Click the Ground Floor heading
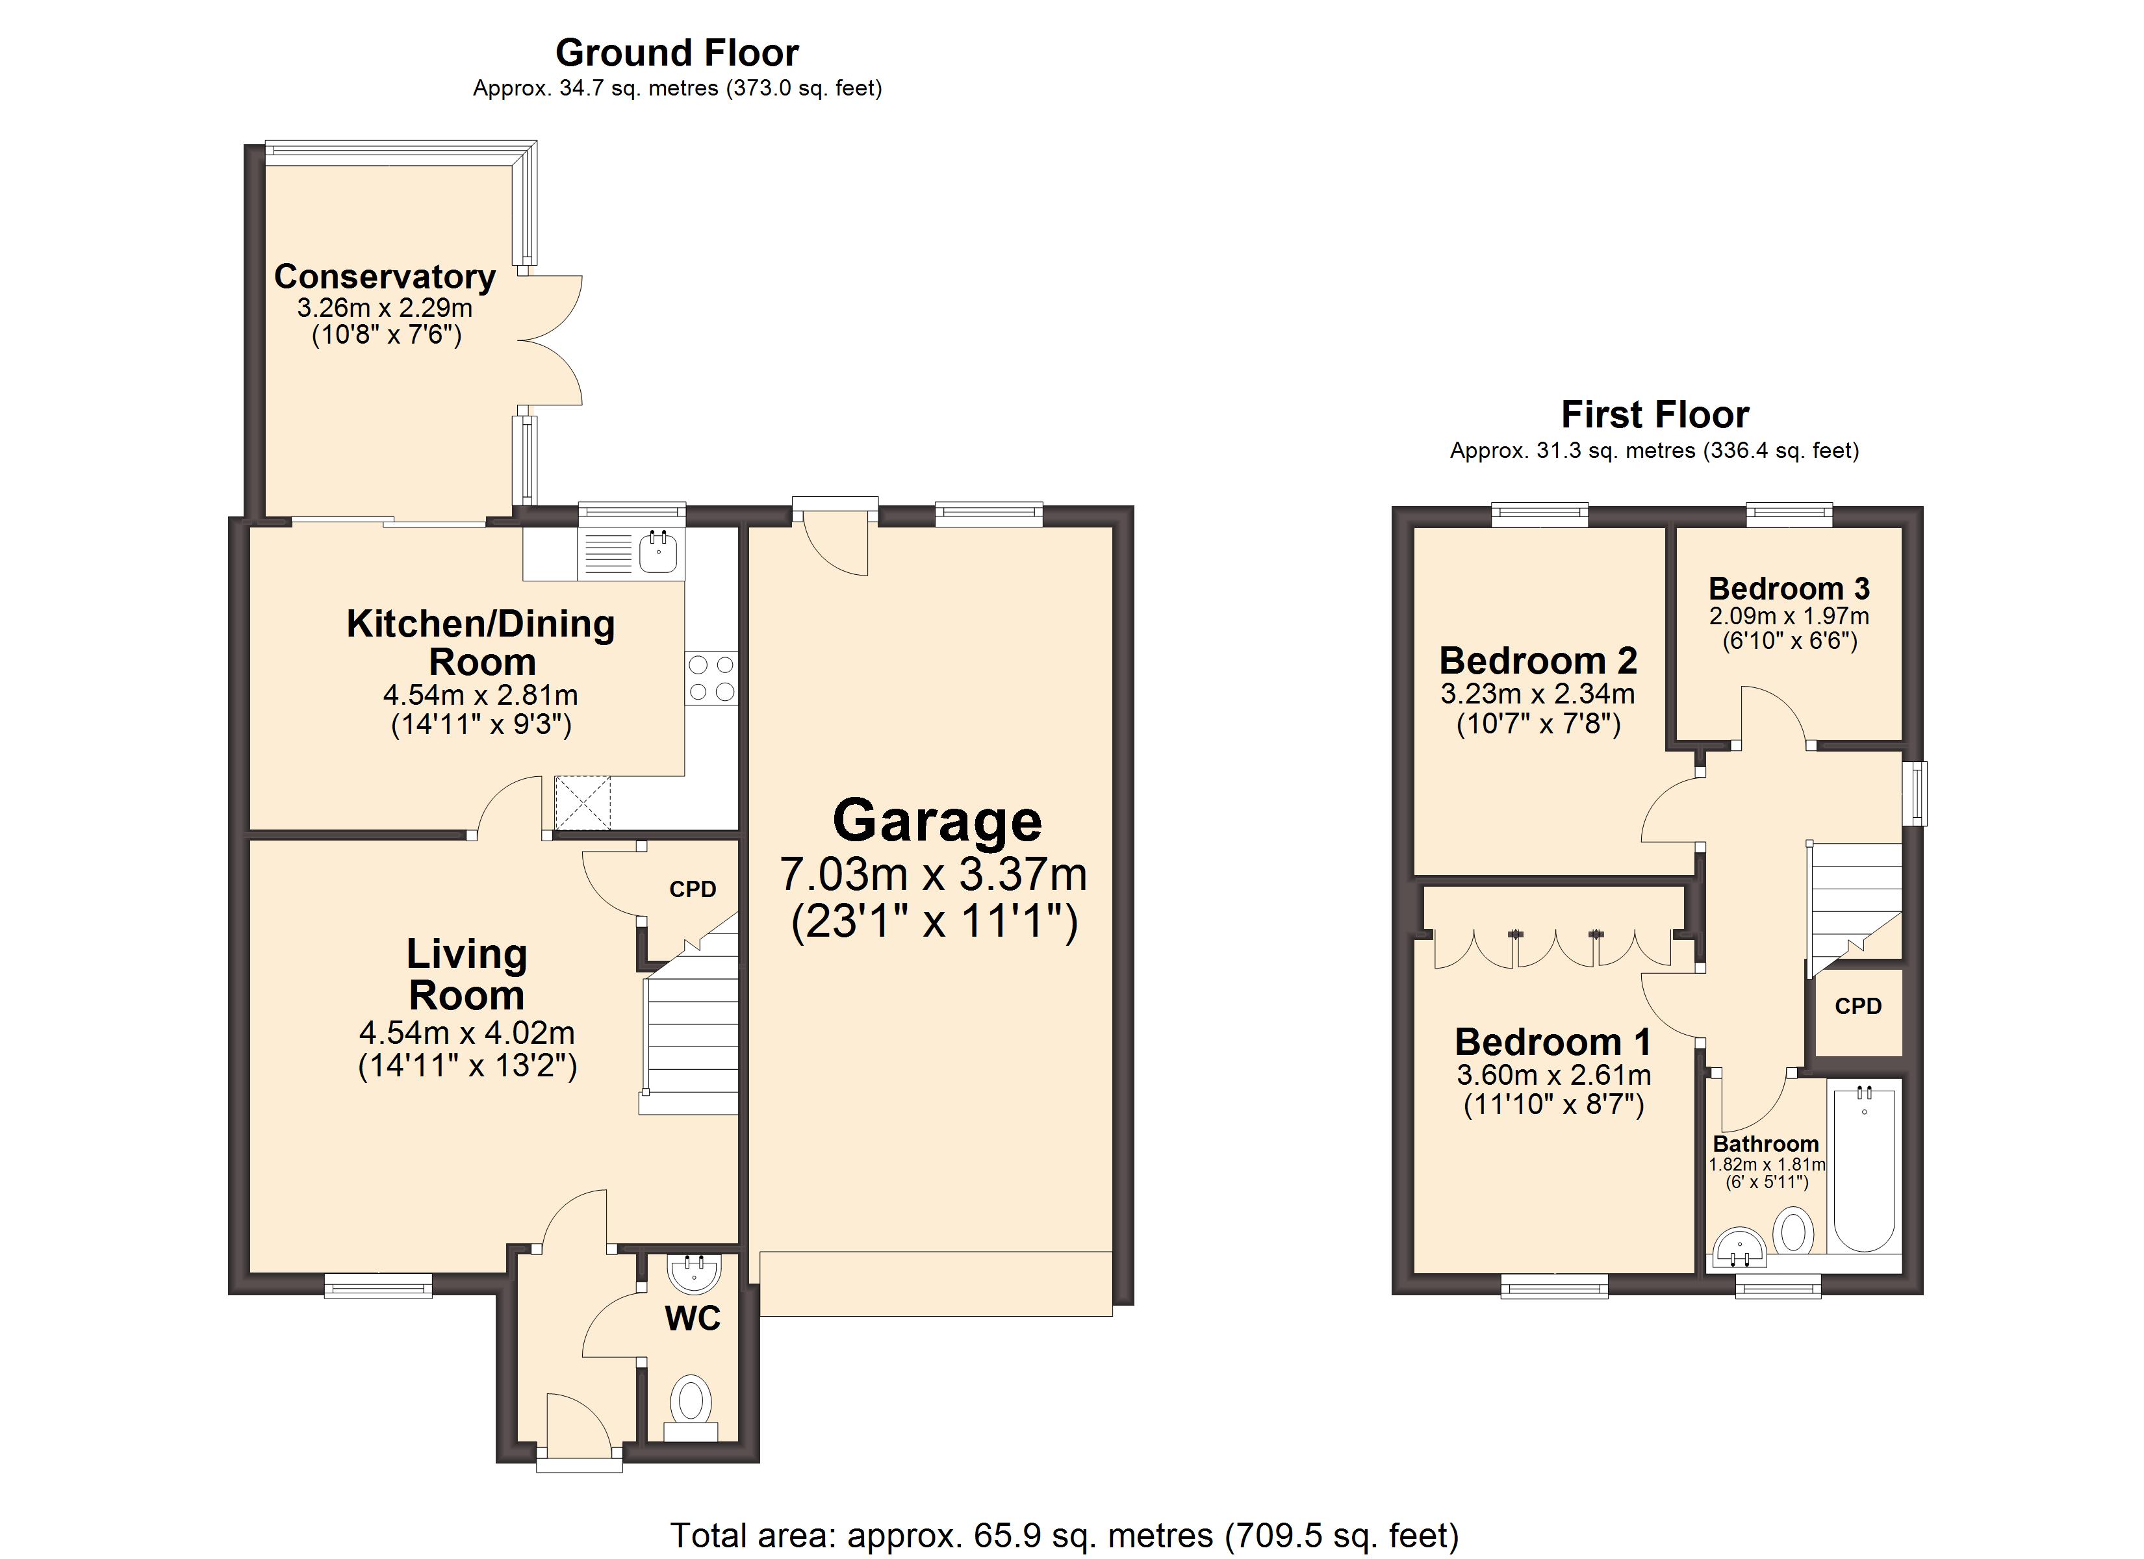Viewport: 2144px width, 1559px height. pos(677,53)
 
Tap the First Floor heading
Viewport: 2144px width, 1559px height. pos(1654,415)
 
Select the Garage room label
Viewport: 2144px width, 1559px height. pos(937,820)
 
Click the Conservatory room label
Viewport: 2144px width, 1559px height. pos(385,276)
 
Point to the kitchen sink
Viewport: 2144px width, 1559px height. pos(658,551)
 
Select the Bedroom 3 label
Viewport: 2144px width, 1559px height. pos(1789,588)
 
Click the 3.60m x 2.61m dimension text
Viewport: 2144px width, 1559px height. pos(1554,1075)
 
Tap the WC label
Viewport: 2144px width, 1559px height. pos(693,1319)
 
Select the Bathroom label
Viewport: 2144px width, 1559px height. pos(1766,1144)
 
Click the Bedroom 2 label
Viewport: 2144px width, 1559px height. pos(1538,660)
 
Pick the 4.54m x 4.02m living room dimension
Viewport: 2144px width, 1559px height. pos(467,1032)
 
